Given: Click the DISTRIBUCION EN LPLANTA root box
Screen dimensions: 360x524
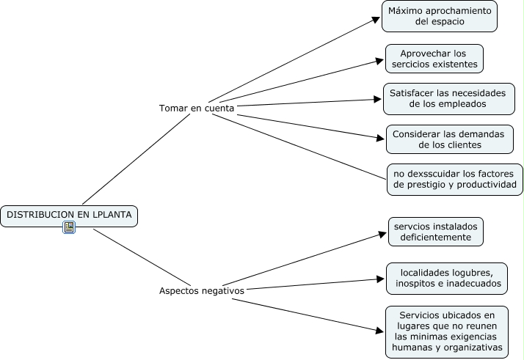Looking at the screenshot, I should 69,215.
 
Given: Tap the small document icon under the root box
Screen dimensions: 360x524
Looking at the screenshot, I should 69,228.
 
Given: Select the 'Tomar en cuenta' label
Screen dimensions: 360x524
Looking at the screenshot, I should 197,108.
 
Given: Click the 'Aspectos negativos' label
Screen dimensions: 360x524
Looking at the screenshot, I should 202,290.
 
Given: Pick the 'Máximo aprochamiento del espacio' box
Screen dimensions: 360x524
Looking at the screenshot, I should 440,16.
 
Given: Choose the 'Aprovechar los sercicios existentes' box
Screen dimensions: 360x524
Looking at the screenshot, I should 434,59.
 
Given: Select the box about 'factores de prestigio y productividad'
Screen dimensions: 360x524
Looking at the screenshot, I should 455,179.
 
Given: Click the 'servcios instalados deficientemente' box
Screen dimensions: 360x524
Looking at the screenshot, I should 435,232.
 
